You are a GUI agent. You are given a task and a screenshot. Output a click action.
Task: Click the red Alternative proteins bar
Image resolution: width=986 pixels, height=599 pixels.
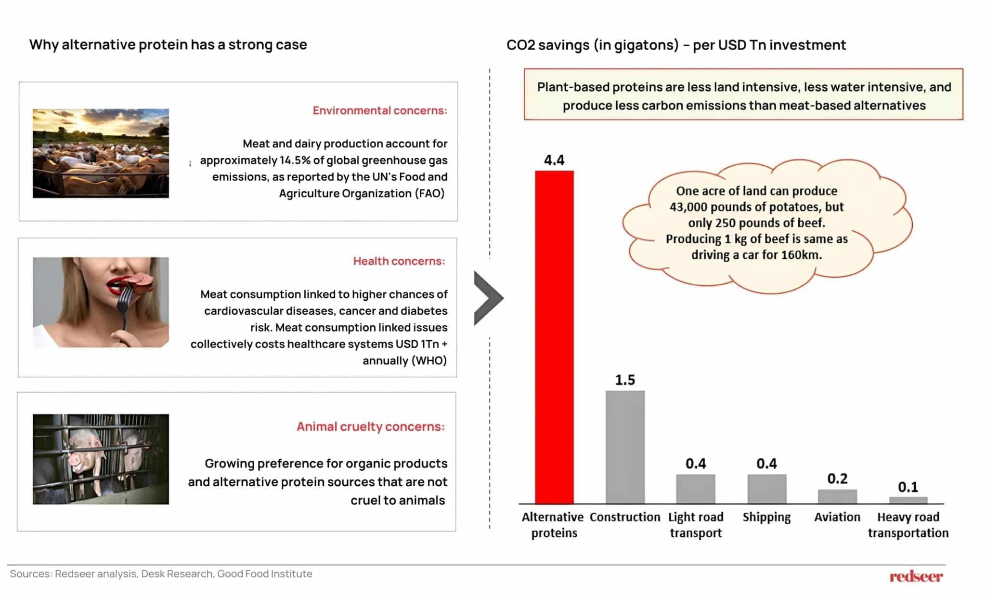(554, 337)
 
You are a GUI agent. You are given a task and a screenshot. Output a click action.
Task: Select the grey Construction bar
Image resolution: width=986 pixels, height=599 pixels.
(625, 447)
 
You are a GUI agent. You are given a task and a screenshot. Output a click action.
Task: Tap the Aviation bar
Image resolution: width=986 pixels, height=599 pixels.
(837, 496)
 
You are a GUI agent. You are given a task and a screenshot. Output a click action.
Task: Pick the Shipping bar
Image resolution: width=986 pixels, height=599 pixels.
(766, 489)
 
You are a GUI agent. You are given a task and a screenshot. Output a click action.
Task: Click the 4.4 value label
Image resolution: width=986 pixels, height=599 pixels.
(554, 160)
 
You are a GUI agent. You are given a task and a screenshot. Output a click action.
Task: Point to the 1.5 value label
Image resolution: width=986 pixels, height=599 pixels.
(625, 380)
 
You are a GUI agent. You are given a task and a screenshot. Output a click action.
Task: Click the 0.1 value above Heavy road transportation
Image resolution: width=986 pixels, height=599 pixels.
(908, 487)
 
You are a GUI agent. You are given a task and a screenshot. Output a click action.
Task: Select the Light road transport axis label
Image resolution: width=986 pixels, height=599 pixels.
(696, 525)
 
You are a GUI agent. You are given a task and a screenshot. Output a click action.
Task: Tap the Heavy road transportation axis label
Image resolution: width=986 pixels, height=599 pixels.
(908, 525)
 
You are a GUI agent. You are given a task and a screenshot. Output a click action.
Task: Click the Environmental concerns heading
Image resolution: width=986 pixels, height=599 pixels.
(380, 110)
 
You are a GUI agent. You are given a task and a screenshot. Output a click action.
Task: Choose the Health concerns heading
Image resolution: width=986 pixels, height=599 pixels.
(399, 261)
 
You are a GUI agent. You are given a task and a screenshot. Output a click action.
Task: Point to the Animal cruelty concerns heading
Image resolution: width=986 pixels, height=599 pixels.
(371, 426)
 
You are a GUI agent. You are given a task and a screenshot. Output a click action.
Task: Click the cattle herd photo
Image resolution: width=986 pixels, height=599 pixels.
(101, 153)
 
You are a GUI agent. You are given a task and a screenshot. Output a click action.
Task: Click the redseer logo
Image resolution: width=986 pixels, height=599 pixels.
(916, 576)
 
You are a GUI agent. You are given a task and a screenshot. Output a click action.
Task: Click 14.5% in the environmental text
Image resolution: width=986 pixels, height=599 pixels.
(295, 160)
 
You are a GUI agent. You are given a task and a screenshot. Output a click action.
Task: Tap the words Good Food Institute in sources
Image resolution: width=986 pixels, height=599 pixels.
(265, 574)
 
